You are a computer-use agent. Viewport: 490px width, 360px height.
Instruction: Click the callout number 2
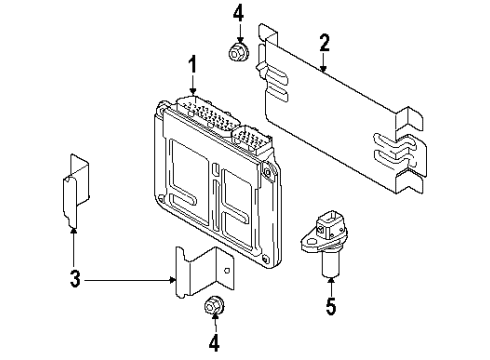(324, 42)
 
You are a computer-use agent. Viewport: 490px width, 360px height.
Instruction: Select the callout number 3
(75, 278)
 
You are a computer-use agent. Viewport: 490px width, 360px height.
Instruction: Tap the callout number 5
(331, 305)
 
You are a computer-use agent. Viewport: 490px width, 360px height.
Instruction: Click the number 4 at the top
(238, 15)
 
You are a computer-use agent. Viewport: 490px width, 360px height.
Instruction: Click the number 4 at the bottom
(214, 342)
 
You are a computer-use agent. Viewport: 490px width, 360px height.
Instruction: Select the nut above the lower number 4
(213, 306)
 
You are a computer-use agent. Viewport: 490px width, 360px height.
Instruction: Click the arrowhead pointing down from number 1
(193, 90)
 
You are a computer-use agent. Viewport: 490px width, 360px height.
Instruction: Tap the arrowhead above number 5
(331, 281)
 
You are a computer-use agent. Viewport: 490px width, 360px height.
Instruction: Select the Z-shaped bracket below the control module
(205, 272)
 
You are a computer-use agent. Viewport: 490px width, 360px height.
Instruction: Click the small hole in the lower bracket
(227, 270)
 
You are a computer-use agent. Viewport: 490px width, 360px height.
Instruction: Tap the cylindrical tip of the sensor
(331, 265)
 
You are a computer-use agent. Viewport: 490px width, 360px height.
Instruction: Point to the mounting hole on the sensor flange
(311, 242)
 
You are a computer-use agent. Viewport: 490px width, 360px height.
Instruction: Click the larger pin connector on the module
(206, 112)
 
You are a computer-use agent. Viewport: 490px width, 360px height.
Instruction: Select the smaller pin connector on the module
(252, 139)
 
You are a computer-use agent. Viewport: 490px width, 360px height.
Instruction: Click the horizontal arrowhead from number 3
(172, 281)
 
